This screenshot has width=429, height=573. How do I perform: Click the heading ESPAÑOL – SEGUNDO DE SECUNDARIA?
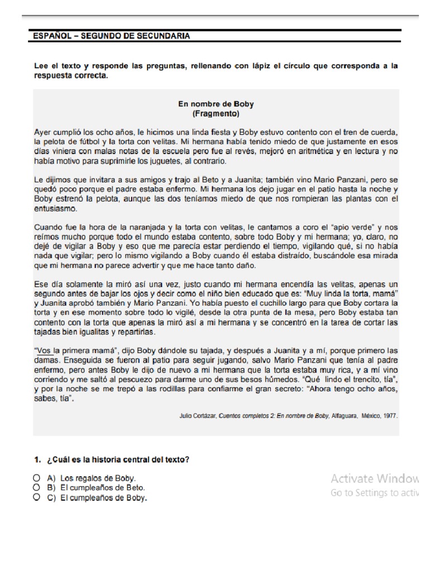point(112,36)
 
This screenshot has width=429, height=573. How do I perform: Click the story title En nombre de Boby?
point(216,104)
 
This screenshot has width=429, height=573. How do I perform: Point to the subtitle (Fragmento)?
point(216,114)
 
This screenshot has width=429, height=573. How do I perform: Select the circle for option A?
point(36,478)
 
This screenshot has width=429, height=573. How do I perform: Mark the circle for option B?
point(36,488)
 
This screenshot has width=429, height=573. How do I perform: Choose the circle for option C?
point(36,497)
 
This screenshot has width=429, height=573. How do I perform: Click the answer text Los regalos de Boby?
point(101,479)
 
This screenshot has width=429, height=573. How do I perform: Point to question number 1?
point(37,460)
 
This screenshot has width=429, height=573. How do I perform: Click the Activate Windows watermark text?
point(374,478)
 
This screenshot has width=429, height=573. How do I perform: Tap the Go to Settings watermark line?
point(374,493)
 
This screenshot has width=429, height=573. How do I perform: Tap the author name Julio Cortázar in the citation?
point(198,416)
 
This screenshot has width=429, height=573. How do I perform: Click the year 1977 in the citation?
point(389,416)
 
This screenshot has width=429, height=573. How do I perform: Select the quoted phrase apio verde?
point(349,228)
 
